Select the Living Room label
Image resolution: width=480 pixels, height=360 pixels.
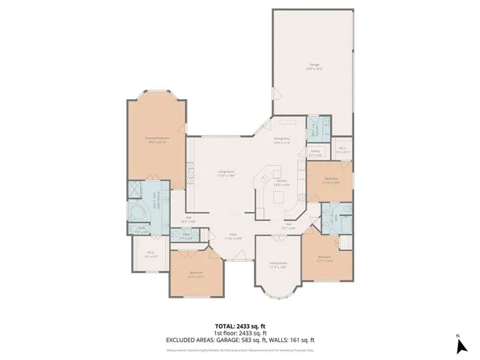coord(226,174)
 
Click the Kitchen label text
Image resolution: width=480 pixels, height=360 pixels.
coord(282,182)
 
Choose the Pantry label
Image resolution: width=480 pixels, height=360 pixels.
coord(316,152)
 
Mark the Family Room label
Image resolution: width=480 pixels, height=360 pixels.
coord(278,265)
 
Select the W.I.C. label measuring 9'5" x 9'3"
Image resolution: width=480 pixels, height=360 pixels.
coord(150,253)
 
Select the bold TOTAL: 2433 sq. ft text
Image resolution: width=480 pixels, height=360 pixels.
coord(240,325)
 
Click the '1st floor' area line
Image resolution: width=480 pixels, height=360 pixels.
coord(240,331)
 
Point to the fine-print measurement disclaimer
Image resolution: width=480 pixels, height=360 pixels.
coord(240,348)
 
